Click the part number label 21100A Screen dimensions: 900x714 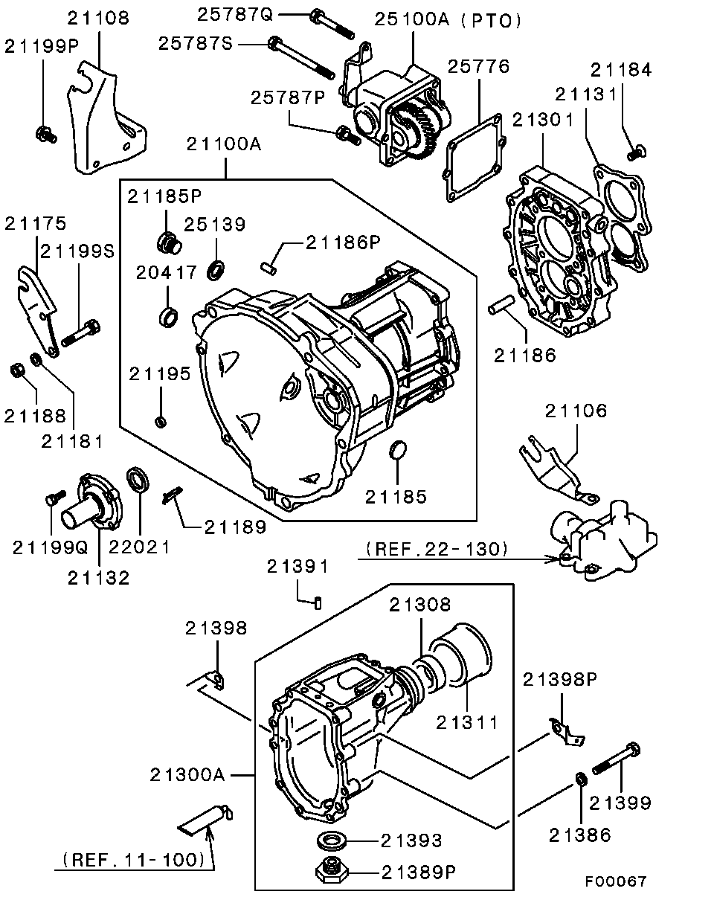point(224,144)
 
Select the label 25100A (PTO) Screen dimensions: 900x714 point(448,21)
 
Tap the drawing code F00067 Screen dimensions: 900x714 point(614,881)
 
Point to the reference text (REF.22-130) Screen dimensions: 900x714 point(437,549)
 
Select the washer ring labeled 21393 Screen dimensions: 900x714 point(332,840)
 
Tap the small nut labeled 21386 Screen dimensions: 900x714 point(580,779)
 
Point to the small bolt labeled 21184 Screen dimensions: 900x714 point(635,152)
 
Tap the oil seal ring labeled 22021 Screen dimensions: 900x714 point(138,479)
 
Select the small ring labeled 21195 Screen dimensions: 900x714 point(160,422)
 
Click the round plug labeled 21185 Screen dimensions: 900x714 point(399,450)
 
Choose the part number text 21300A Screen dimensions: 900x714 point(187,775)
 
